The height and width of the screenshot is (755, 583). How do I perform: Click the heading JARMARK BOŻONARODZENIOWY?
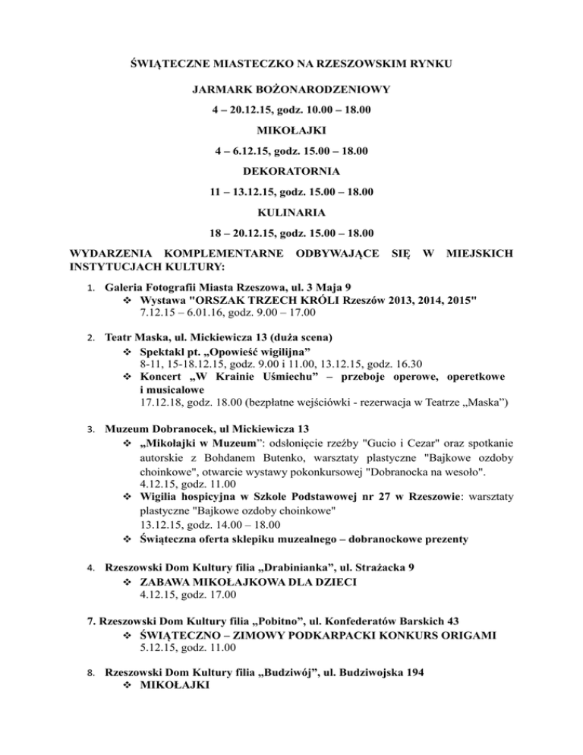(291, 90)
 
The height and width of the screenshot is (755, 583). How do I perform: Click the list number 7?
(93, 620)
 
